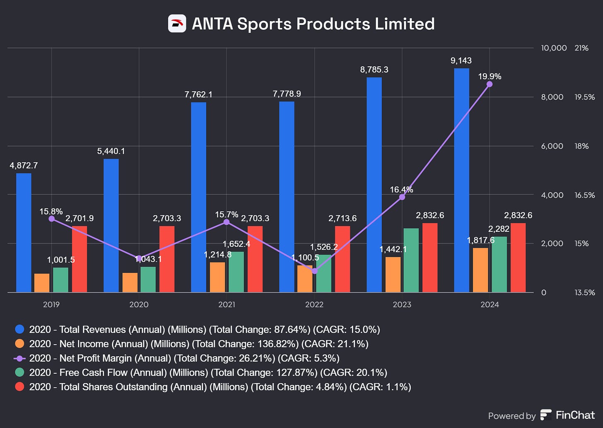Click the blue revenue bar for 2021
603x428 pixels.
pyautogui.click(x=198, y=197)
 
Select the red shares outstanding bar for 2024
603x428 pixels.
pyautogui.click(x=518, y=258)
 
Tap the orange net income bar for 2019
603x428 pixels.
pyautogui.click(x=42, y=283)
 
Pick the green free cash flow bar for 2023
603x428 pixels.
pyautogui.click(x=411, y=260)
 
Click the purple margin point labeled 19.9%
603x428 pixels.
pyautogui.click(x=490, y=84)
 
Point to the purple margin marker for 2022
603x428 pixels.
pyautogui.click(x=314, y=271)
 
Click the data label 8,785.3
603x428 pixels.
pyautogui.click(x=374, y=70)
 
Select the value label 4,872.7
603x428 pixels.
pyautogui.click(x=24, y=165)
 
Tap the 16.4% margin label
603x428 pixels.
pyautogui.click(x=401, y=190)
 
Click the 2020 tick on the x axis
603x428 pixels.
pyautogui.click(x=139, y=304)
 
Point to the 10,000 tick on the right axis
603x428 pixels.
pyautogui.click(x=554, y=48)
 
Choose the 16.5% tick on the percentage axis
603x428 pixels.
pyautogui.click(x=584, y=195)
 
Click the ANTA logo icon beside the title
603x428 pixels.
pyautogui.click(x=177, y=24)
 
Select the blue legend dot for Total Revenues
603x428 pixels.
pyautogui.click(x=19, y=329)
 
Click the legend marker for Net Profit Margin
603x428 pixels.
pyautogui.click(x=19, y=358)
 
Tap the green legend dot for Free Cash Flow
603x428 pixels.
pyautogui.click(x=19, y=372)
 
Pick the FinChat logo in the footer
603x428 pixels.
pyautogui.click(x=546, y=415)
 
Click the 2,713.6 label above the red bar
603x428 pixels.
pyautogui.click(x=343, y=218)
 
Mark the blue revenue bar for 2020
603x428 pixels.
pyautogui.click(x=111, y=226)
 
